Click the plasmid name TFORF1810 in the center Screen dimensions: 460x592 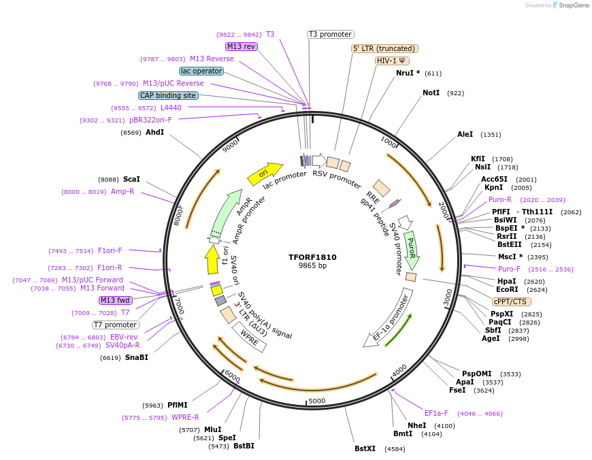pyautogui.click(x=312, y=257)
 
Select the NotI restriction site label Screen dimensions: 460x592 pyautogui.click(x=431, y=93)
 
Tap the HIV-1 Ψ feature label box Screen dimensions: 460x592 pyautogui.click(x=393, y=61)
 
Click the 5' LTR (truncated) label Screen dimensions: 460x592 pyautogui.click(x=384, y=48)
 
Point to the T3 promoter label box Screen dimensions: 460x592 pyautogui.click(x=330, y=34)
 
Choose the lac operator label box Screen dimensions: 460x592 pyautogui.click(x=201, y=71)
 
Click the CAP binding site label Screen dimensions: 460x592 pyautogui.click(x=168, y=96)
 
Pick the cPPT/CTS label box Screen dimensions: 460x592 pyautogui.click(x=512, y=301)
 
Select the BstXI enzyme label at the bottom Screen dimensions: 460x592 pyautogui.click(x=365, y=448)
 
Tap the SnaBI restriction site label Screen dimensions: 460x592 pyautogui.click(x=136, y=357)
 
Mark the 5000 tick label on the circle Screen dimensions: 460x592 pyautogui.click(x=317, y=401)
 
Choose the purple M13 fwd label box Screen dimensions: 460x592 pyautogui.click(x=115, y=300)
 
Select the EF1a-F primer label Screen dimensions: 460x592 pyautogui.click(x=436, y=413)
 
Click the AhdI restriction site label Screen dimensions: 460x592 pyautogui.click(x=154, y=132)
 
